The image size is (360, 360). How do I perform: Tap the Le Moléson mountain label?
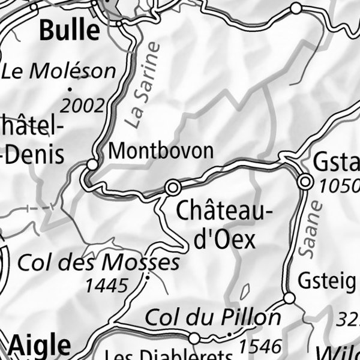58,71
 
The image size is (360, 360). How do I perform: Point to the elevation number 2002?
82,106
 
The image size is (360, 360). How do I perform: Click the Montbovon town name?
161,151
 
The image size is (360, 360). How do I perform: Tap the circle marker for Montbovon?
92,164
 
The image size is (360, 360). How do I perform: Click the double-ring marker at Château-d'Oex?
173,188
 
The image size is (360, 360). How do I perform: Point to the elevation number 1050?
339,186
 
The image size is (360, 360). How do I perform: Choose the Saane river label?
311,229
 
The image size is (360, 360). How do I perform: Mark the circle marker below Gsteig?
289,298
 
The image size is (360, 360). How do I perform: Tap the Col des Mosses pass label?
99,263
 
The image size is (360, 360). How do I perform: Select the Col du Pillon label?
213,316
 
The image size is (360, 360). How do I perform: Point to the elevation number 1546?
260,346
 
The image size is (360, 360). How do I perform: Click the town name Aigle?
40,346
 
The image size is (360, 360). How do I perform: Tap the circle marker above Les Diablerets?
194,338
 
